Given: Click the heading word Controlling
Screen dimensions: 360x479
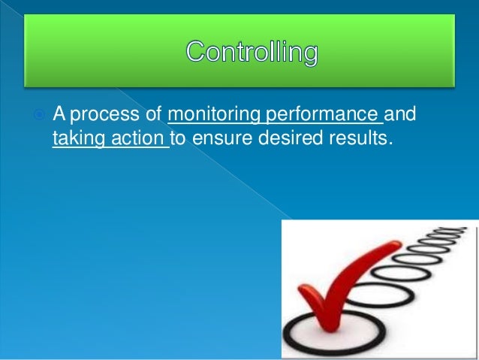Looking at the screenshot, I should tap(252, 53).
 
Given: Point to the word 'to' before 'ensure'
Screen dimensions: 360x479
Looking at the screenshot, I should tap(179, 138).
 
